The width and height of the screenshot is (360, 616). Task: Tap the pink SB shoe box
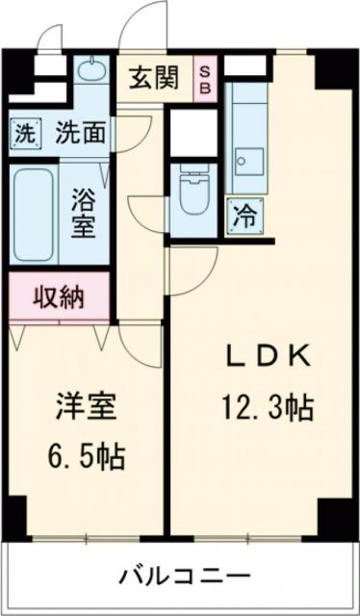pyautogui.click(x=207, y=78)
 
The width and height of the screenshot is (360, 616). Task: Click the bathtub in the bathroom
pyautogui.click(x=35, y=213)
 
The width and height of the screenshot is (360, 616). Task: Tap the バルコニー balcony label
pyautogui.click(x=185, y=577)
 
